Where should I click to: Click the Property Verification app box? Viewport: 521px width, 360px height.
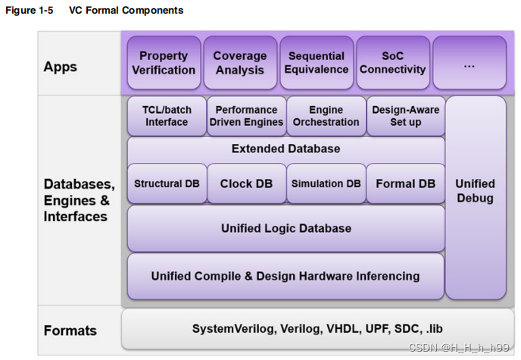[164, 63]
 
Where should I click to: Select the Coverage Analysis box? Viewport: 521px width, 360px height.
[239, 63]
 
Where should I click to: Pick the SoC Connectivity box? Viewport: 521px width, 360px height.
[392, 63]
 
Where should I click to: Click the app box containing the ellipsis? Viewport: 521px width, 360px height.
[469, 64]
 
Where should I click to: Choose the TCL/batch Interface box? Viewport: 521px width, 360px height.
[167, 116]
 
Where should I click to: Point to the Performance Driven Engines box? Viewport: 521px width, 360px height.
[247, 116]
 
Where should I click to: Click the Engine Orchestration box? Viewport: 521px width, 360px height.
[326, 116]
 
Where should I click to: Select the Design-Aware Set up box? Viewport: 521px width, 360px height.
[405, 116]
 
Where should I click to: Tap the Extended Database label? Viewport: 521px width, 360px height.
[285, 149]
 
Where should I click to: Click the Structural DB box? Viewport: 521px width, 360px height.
[166, 183]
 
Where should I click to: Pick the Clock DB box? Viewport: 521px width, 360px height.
[246, 183]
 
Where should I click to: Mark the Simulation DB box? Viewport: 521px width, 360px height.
[326, 183]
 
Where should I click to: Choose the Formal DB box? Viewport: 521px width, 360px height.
[405, 183]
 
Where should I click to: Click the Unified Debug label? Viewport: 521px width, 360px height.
[475, 191]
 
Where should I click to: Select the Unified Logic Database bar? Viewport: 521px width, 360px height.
[285, 228]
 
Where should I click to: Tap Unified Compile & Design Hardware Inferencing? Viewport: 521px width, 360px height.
[285, 276]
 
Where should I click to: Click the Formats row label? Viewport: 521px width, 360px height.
[70, 330]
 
